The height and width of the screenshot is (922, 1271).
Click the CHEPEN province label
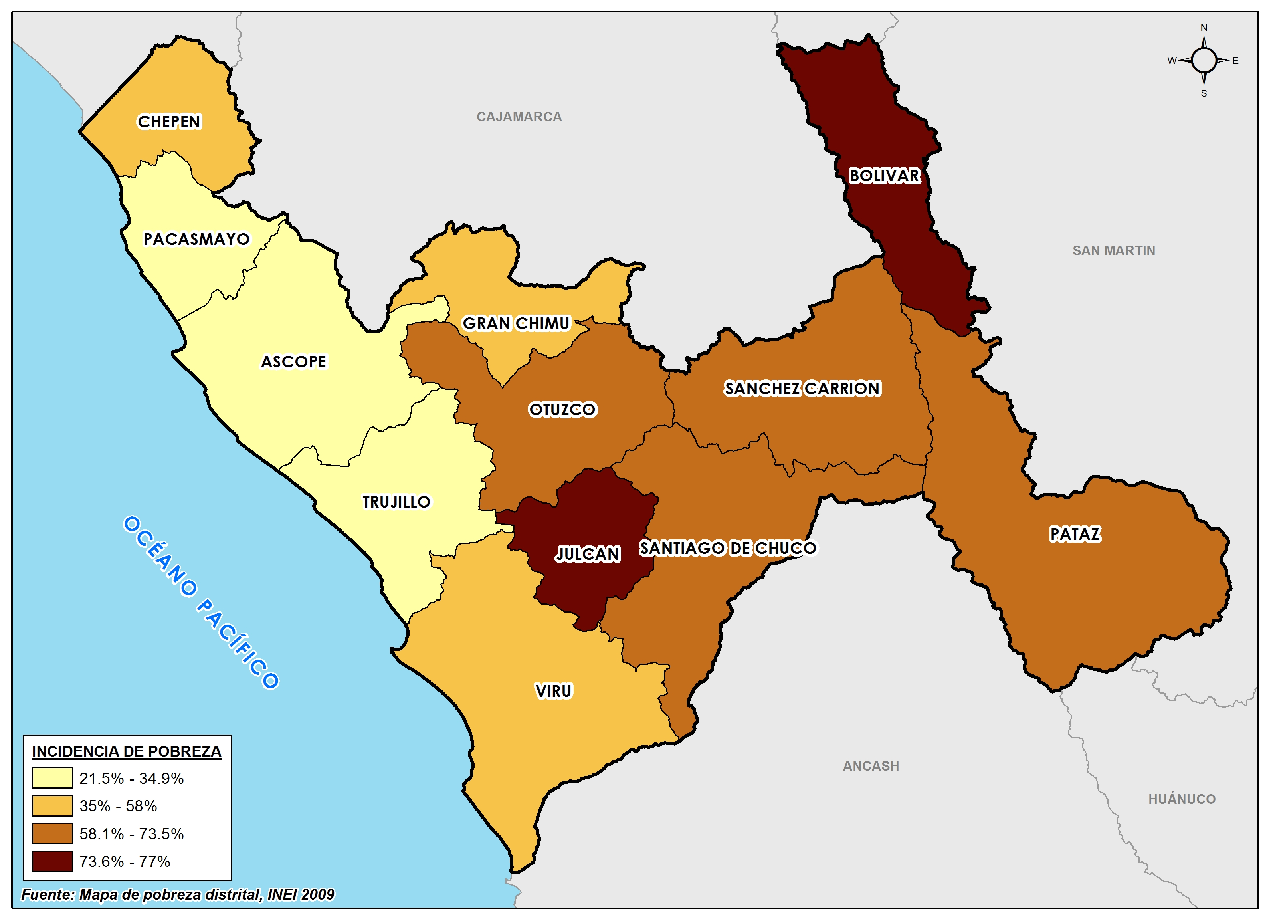click(169, 122)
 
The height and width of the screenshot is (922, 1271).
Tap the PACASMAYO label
click(196, 239)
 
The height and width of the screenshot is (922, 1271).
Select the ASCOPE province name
click(294, 361)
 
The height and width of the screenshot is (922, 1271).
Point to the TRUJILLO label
click(396, 502)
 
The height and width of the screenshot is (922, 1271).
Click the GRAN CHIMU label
click(516, 323)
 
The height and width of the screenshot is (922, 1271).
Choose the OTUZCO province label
click(562, 410)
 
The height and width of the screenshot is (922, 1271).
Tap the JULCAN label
click(587, 554)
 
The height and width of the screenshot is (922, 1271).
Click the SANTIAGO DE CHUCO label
click(728, 548)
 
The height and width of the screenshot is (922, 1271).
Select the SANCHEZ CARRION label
click(802, 389)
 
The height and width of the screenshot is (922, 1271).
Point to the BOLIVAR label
click(884, 176)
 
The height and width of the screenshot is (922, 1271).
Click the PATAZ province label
click(1075, 534)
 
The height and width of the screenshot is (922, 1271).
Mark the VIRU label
click(554, 691)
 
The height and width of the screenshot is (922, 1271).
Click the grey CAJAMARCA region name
click(519, 117)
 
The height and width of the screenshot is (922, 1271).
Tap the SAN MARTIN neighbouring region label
click(1114, 250)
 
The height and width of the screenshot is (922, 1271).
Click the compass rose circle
click(1204, 60)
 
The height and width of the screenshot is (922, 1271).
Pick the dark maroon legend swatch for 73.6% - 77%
click(52, 861)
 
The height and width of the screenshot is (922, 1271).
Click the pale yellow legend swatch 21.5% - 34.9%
click(52, 778)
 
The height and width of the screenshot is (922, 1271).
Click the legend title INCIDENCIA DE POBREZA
click(127, 751)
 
